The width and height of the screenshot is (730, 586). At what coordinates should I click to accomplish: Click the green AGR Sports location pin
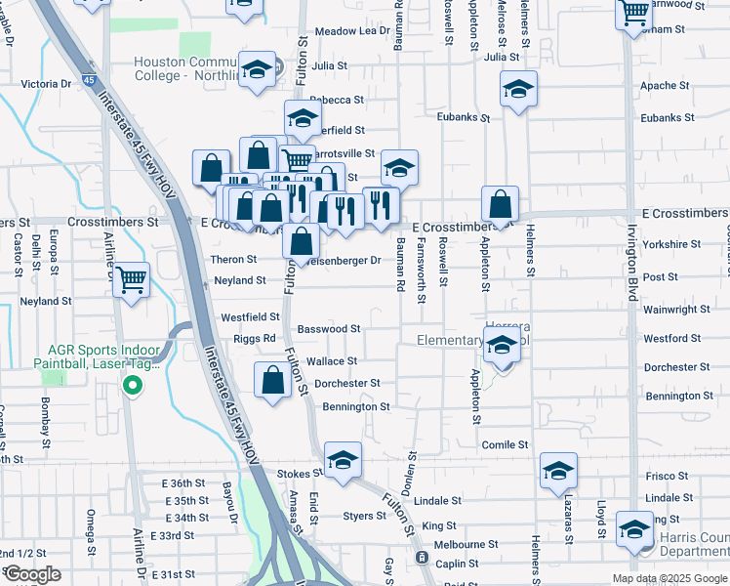tap(133, 384)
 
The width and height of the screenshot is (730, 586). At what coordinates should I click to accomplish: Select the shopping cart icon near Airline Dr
tap(131, 279)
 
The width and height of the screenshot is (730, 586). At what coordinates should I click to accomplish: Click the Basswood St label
tap(329, 329)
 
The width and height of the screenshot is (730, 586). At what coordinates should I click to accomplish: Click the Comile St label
tap(505, 444)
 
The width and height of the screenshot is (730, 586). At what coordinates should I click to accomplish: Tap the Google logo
tap(31, 574)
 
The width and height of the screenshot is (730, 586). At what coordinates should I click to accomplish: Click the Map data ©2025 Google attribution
tap(669, 578)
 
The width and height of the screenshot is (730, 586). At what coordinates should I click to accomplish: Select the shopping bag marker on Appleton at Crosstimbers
tap(500, 205)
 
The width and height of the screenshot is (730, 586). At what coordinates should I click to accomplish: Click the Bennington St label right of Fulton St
tap(356, 406)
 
